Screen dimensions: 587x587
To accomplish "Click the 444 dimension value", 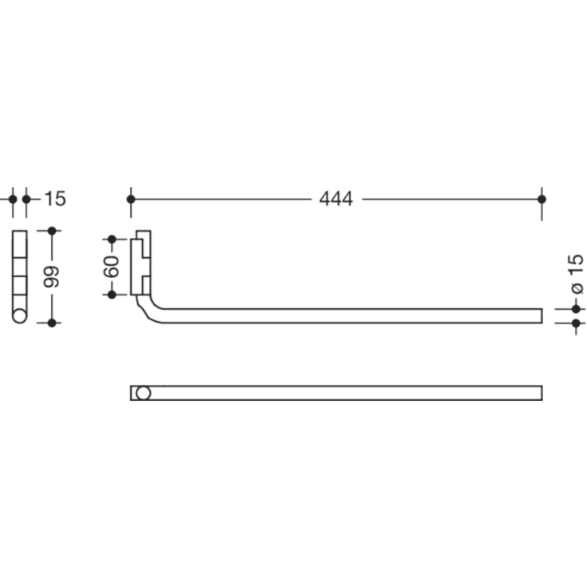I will [335, 199].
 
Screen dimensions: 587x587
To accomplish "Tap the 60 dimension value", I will [113, 266].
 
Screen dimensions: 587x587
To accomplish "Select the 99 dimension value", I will [52, 276].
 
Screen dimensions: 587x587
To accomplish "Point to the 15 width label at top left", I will [55, 199].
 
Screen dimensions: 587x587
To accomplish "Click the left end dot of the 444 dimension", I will [131, 198].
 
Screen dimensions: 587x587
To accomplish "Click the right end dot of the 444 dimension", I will [542, 198].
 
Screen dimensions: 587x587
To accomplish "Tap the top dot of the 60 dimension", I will [113, 239].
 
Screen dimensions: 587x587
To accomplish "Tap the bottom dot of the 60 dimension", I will [113, 294].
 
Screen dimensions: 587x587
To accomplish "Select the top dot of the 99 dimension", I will [52, 231].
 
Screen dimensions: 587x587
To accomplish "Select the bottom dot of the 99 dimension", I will [52, 323].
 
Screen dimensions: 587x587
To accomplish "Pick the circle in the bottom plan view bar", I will [143, 393].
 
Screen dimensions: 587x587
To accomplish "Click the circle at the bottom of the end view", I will [19, 315].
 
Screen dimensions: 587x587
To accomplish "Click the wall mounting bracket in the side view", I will [141, 264].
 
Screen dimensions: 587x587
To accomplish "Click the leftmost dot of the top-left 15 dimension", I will [12, 198].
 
